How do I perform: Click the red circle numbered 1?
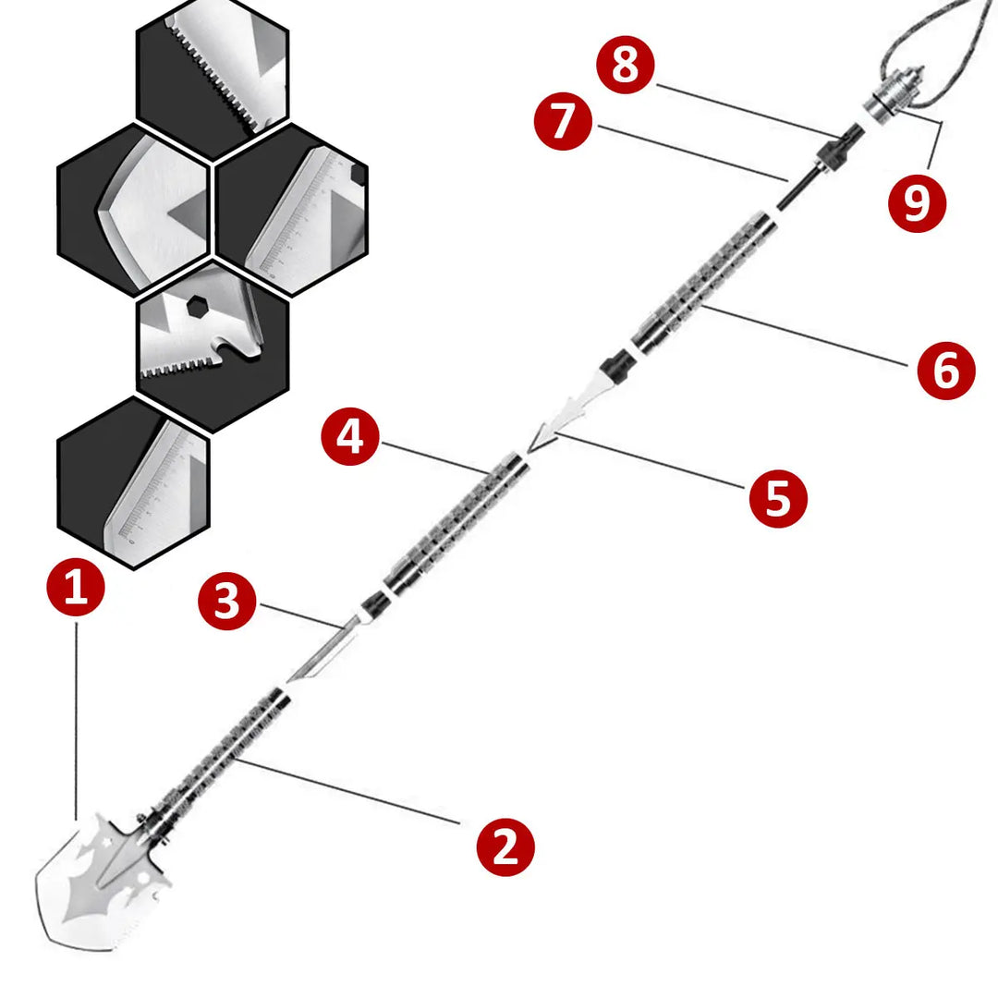pyautogui.click(x=77, y=588)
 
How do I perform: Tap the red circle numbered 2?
pyautogui.click(x=505, y=846)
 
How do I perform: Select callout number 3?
pyautogui.click(x=227, y=602)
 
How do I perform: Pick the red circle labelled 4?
pyautogui.click(x=350, y=437)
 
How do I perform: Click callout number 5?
pyautogui.click(x=777, y=499)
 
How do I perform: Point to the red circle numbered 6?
pyautogui.click(x=945, y=371)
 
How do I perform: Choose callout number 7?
pyautogui.click(x=564, y=122)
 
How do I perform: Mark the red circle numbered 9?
pyautogui.click(x=916, y=202)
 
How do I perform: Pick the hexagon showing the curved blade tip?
pyautogui.click(x=134, y=211)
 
